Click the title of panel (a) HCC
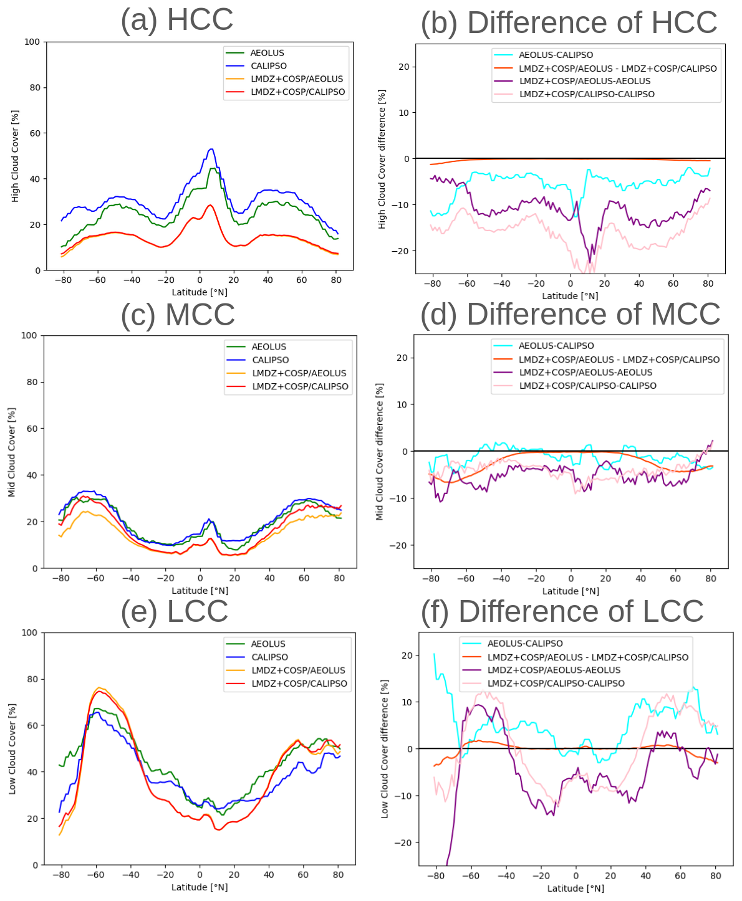click(177, 19)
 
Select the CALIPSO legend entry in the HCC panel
click(269, 66)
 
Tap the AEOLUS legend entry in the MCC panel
click(269, 347)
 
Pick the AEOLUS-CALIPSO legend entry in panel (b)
click(556, 55)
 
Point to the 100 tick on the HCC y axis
click(32, 42)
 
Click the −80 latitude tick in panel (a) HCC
click(63, 280)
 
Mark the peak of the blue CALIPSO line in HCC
click(211, 149)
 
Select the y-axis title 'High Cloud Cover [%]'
click(15, 156)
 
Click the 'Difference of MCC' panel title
click(571, 313)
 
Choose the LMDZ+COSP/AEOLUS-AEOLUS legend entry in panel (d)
click(585, 373)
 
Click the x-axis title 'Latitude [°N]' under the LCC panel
click(200, 887)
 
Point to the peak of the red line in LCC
click(99, 691)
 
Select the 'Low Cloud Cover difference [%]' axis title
click(385, 749)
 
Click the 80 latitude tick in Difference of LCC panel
click(716, 875)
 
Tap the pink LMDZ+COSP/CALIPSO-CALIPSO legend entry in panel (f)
click(556, 684)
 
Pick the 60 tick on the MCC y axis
click(32, 429)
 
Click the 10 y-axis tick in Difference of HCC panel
click(403, 113)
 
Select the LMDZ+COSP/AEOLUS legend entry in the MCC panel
click(299, 373)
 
